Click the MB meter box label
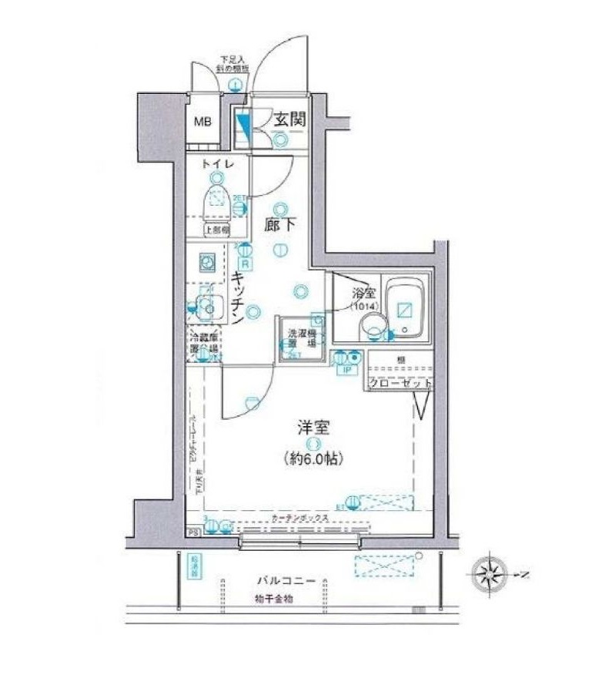tap(202, 121)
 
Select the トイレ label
tap(213, 164)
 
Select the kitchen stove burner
tap(206, 263)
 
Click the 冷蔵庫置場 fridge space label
tap(204, 343)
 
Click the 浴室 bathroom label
tap(363, 294)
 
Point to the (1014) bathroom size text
tap(363, 307)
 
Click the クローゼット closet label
tap(398, 383)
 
